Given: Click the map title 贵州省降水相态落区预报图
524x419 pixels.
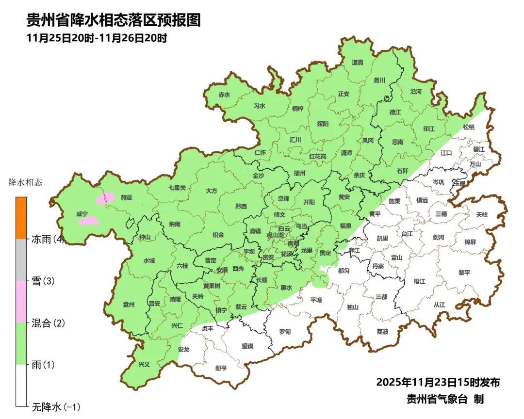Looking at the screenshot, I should pos(113,20).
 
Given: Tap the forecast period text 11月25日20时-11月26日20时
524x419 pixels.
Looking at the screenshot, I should pos(97,38).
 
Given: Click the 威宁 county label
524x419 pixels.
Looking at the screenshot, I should pos(82,214).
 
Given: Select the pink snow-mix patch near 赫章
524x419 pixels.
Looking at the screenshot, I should pos(105,197).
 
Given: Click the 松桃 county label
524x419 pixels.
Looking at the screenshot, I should pos(468,127).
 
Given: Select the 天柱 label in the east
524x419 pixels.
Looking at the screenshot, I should pos(482,214).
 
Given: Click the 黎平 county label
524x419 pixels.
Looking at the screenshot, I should pos(464,273).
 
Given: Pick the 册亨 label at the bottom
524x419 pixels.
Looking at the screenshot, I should pos(221,368).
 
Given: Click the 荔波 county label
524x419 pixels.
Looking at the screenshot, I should pos(382,332).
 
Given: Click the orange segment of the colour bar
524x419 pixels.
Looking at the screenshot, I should pos(21,218).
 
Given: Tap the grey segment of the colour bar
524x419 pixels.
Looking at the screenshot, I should pos(21,260).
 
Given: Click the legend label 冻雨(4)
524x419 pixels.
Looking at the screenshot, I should pos(48,239).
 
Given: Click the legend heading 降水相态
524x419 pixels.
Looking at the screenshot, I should pos(26,183).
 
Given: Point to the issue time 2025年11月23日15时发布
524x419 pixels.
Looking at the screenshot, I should pos(438,382).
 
